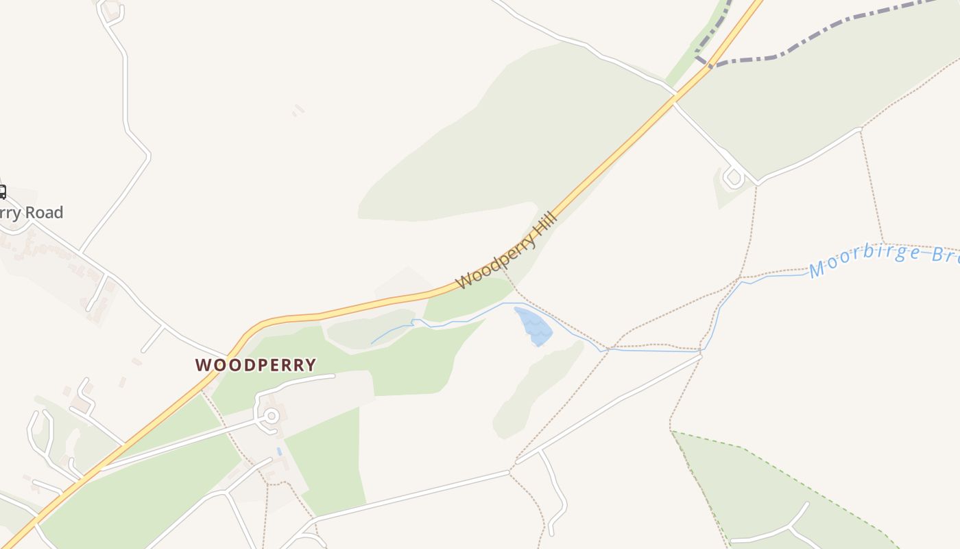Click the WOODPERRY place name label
pyautogui.click(x=256, y=365)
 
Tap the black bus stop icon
pyautogui.click(x=2, y=191)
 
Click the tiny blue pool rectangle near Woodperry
pyautogui.click(x=279, y=452)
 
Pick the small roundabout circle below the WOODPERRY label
pyautogui.click(x=272, y=416)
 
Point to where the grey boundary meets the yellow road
pyautogui.click(x=710, y=65)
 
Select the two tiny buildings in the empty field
pyautogui.click(x=298, y=109)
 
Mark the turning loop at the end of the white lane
pyautogui.click(x=733, y=178)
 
